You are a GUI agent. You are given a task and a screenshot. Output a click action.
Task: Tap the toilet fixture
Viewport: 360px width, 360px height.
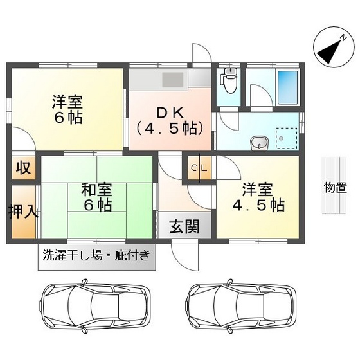[227, 82]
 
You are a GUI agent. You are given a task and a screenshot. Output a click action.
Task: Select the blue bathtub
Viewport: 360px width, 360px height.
[287, 87]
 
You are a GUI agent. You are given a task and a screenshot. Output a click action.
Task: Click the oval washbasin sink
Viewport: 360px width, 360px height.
[258, 142]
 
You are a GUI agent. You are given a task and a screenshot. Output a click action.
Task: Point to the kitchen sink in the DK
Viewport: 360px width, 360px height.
[172, 79]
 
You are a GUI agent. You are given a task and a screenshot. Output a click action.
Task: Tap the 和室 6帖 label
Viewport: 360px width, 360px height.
[97, 197]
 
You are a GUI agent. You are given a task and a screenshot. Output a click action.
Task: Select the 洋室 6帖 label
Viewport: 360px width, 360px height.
[67, 109]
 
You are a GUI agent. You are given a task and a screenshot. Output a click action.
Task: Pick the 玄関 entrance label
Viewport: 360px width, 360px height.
[184, 226]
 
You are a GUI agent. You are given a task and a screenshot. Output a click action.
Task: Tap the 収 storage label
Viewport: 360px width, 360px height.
[23, 168]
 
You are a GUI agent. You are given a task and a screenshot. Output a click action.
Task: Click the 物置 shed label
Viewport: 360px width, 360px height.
[335, 188]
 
